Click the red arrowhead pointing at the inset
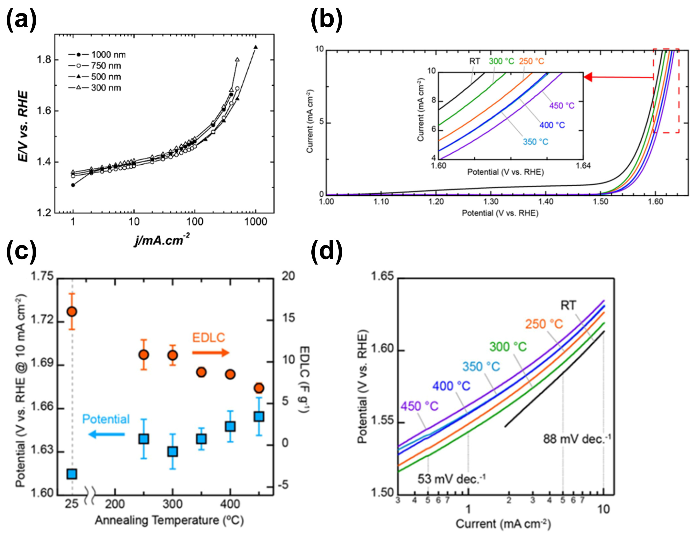(x=588, y=77)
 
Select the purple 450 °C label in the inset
(x=562, y=106)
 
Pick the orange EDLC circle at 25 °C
(x=72, y=312)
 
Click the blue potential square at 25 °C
(x=72, y=474)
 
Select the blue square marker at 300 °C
(x=172, y=452)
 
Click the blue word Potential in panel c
(x=106, y=419)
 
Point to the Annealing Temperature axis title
(x=169, y=520)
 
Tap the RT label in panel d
(x=568, y=306)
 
